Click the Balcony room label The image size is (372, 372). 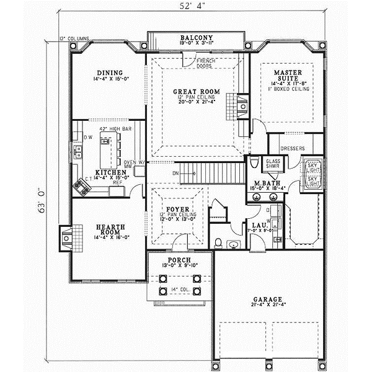197,37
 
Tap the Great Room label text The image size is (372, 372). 196,91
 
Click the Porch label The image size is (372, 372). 178,259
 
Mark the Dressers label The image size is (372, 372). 293,149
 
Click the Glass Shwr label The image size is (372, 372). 273,164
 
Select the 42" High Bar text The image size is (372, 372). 110,129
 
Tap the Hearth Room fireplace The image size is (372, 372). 66,238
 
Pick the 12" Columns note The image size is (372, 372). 73,38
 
